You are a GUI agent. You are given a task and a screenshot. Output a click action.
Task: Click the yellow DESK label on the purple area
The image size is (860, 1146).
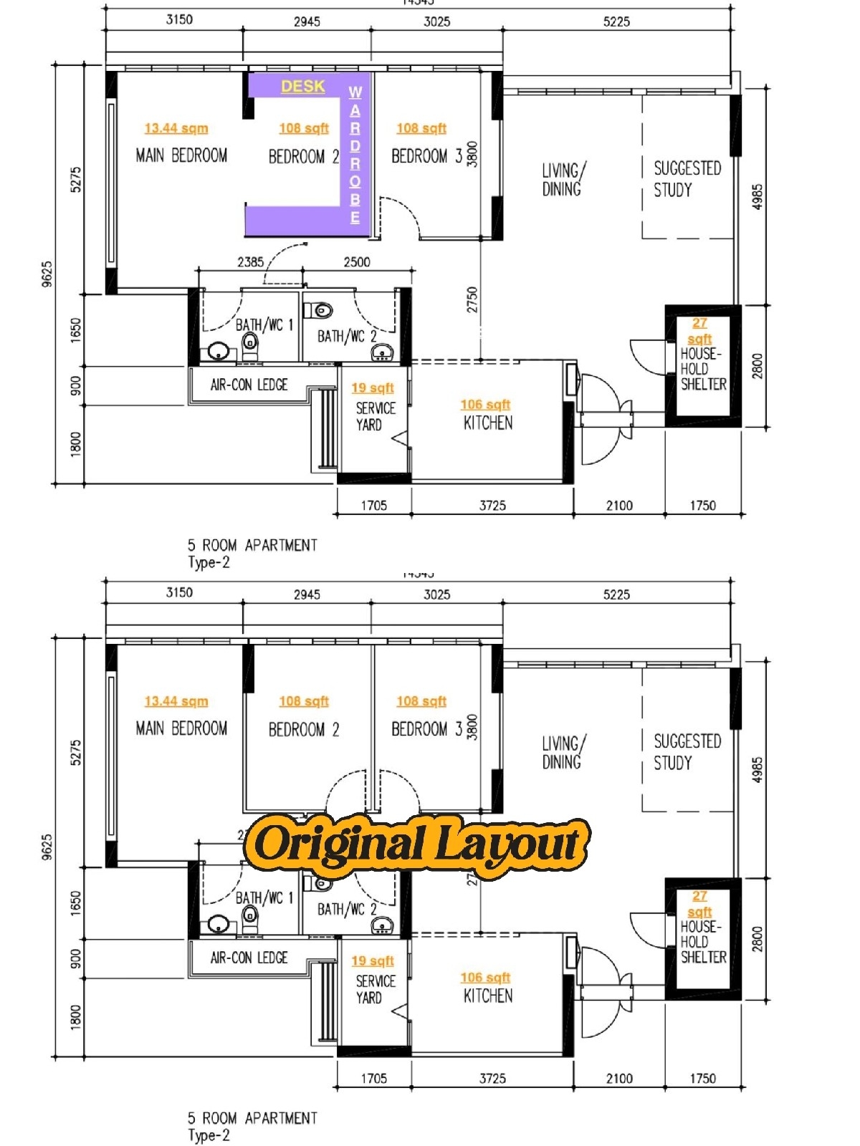tap(302, 86)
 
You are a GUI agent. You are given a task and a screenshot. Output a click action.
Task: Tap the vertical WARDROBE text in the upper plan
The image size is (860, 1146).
tap(355, 154)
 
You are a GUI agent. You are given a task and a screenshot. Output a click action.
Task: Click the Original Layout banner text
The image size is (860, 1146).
tap(417, 844)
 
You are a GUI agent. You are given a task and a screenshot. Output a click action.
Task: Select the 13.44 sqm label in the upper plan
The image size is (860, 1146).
tap(176, 128)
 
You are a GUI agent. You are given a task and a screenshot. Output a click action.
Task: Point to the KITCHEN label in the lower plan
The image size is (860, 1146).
tap(488, 996)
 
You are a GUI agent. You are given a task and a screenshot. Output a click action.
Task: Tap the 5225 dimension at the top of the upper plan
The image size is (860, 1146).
tap(616, 21)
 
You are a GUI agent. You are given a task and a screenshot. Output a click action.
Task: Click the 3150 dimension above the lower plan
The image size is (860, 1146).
tap(179, 592)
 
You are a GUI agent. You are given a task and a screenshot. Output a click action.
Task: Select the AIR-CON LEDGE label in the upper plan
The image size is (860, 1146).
tap(249, 385)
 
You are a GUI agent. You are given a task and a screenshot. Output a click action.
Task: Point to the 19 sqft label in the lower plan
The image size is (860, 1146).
tap(373, 960)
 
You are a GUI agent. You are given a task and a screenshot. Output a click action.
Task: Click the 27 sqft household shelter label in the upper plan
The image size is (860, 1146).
tap(699, 331)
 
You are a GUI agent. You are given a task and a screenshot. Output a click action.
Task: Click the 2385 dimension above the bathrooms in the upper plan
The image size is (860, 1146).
tap(250, 262)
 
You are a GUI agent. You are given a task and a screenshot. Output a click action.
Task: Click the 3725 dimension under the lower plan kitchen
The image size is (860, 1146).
tap(492, 1078)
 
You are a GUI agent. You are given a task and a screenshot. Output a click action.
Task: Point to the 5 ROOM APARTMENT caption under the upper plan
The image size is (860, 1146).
tap(252, 545)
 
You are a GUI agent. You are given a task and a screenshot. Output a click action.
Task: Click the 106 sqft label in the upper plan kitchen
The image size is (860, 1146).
tap(485, 405)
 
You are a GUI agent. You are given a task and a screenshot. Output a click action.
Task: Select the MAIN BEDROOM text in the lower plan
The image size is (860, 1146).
tap(181, 728)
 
